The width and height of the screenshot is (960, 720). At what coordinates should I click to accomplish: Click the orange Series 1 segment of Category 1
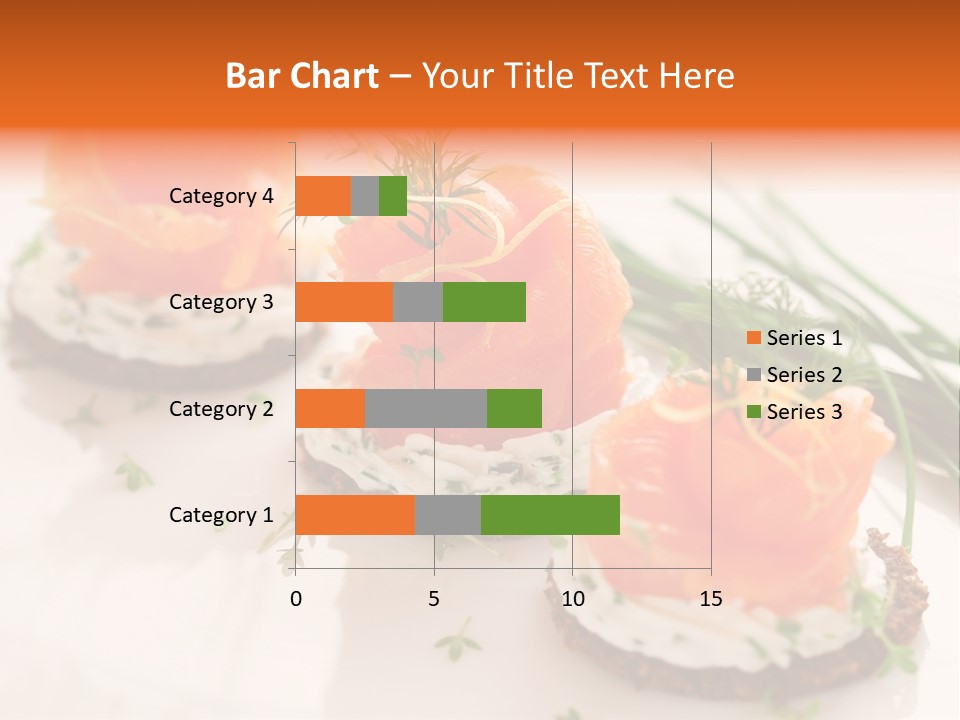tap(355, 515)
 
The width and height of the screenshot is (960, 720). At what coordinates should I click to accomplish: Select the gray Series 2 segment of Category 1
tap(447, 515)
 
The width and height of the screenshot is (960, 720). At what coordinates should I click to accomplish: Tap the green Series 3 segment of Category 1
tap(550, 515)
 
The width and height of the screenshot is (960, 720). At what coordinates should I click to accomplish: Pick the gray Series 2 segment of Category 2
tap(426, 408)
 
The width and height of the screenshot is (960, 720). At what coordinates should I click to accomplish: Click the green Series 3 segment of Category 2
tap(514, 408)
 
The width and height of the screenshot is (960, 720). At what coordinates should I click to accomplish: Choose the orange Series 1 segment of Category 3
tap(344, 302)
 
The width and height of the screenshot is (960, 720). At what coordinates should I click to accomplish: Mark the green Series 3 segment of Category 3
tap(484, 302)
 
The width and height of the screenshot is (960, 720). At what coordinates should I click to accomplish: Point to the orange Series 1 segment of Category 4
tap(323, 196)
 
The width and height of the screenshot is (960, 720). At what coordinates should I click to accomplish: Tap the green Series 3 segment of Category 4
tap(393, 196)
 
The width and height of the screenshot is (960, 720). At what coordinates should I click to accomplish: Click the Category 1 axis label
tap(220, 515)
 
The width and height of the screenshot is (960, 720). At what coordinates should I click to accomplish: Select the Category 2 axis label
tap(220, 408)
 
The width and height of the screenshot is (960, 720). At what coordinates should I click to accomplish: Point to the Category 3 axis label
tap(220, 302)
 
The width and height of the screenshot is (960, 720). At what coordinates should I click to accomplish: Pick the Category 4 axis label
tap(220, 196)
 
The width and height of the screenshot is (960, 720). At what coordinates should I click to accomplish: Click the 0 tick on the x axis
tap(296, 599)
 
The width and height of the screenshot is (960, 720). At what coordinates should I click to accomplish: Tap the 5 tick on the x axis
tap(434, 599)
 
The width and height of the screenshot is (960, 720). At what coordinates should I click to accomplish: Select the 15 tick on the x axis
tap(710, 599)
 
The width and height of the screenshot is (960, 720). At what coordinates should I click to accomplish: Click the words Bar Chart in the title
tap(302, 76)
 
